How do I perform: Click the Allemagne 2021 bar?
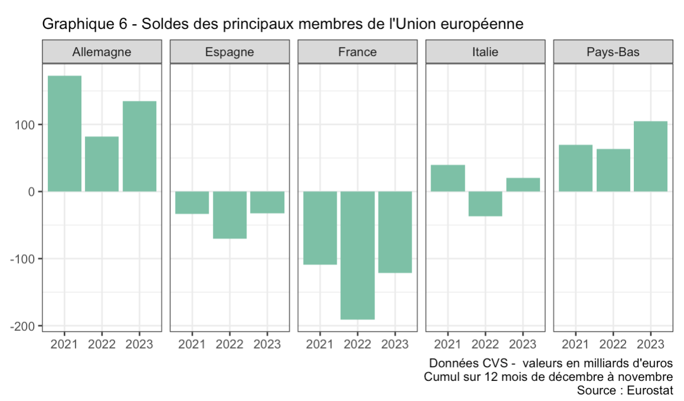pyautogui.click(x=64, y=133)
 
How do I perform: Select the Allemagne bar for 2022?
pyautogui.click(x=101, y=164)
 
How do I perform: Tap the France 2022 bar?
pyautogui.click(x=357, y=255)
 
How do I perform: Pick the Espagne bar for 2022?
pyautogui.click(x=229, y=215)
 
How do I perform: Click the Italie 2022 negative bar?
pyautogui.click(x=485, y=204)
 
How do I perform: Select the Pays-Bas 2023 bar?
pyautogui.click(x=650, y=156)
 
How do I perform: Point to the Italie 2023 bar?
pyautogui.click(x=523, y=185)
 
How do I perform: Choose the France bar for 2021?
pyautogui.click(x=320, y=228)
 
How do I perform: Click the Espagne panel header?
pyautogui.click(x=229, y=52)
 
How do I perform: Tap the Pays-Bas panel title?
pyautogui.click(x=613, y=52)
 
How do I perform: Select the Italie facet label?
pyautogui.click(x=485, y=52)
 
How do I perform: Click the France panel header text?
pyautogui.click(x=357, y=52)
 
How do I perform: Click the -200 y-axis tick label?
pyautogui.click(x=24, y=326)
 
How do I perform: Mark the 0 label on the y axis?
pyautogui.click(x=33, y=192)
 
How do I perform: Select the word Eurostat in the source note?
pyautogui.click(x=650, y=390)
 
